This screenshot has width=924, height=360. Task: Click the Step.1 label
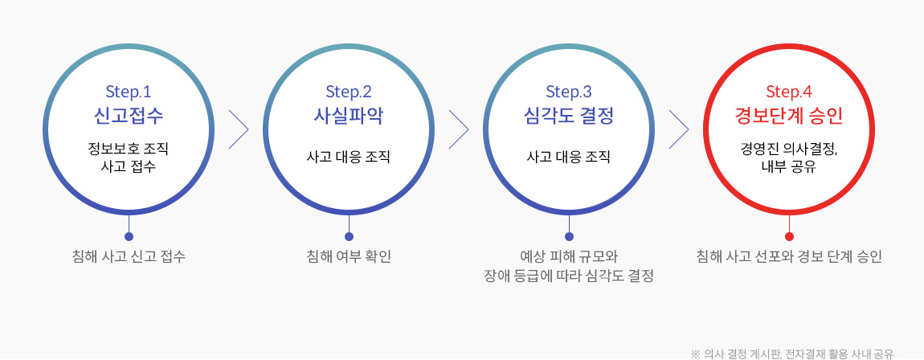coord(129,92)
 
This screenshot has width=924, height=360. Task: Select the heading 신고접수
coord(129,116)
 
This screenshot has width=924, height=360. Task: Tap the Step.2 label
coord(349,92)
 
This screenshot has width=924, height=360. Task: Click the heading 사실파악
coord(349,116)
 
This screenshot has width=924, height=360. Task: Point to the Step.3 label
coord(569,92)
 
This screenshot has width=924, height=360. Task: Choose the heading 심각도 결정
coord(569,116)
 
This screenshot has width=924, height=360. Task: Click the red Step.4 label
coord(789,92)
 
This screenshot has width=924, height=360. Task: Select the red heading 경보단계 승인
coord(789,116)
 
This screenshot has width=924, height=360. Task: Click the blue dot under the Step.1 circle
coord(129,237)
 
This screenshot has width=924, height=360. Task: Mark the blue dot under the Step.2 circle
coord(349,237)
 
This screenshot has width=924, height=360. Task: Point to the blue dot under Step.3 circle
coord(569,237)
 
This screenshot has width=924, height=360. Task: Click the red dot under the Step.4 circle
coord(790,237)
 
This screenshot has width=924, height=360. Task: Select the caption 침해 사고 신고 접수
coord(129,257)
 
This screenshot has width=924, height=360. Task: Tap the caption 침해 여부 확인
coord(349,257)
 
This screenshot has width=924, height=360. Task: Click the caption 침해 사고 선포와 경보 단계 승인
coord(789,257)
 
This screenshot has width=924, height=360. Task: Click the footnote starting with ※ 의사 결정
coord(792,354)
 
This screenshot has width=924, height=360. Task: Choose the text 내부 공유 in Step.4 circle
coord(789,167)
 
